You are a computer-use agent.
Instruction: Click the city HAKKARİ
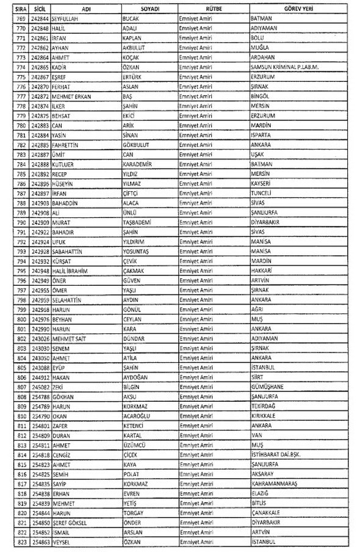[263, 271]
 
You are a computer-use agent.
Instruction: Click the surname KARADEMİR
[141, 164]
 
